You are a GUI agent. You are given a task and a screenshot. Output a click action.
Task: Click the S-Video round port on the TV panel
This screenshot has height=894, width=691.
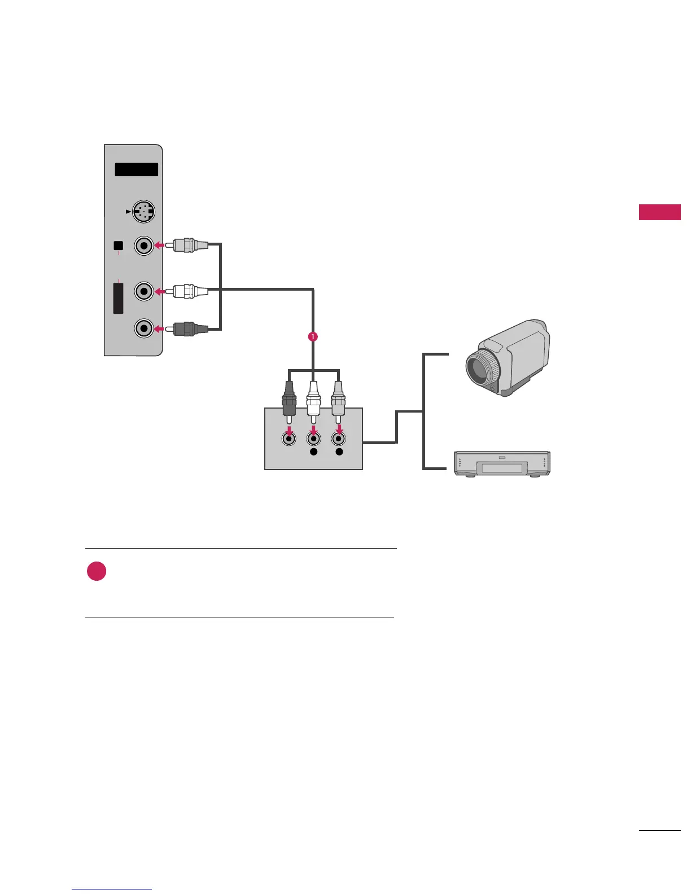tap(144, 213)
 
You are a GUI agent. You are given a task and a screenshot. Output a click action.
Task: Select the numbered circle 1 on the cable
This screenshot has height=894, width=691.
tap(313, 336)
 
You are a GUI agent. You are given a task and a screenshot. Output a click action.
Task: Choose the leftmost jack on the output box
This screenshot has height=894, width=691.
tap(289, 438)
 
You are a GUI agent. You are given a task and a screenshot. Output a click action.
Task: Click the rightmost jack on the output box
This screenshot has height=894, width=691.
tap(339, 438)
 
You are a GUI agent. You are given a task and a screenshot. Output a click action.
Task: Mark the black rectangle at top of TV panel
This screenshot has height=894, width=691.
tap(136, 169)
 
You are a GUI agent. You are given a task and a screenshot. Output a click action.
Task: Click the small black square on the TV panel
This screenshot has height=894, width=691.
tap(118, 246)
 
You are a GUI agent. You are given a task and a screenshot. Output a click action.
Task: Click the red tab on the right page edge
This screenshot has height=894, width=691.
tap(659, 212)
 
